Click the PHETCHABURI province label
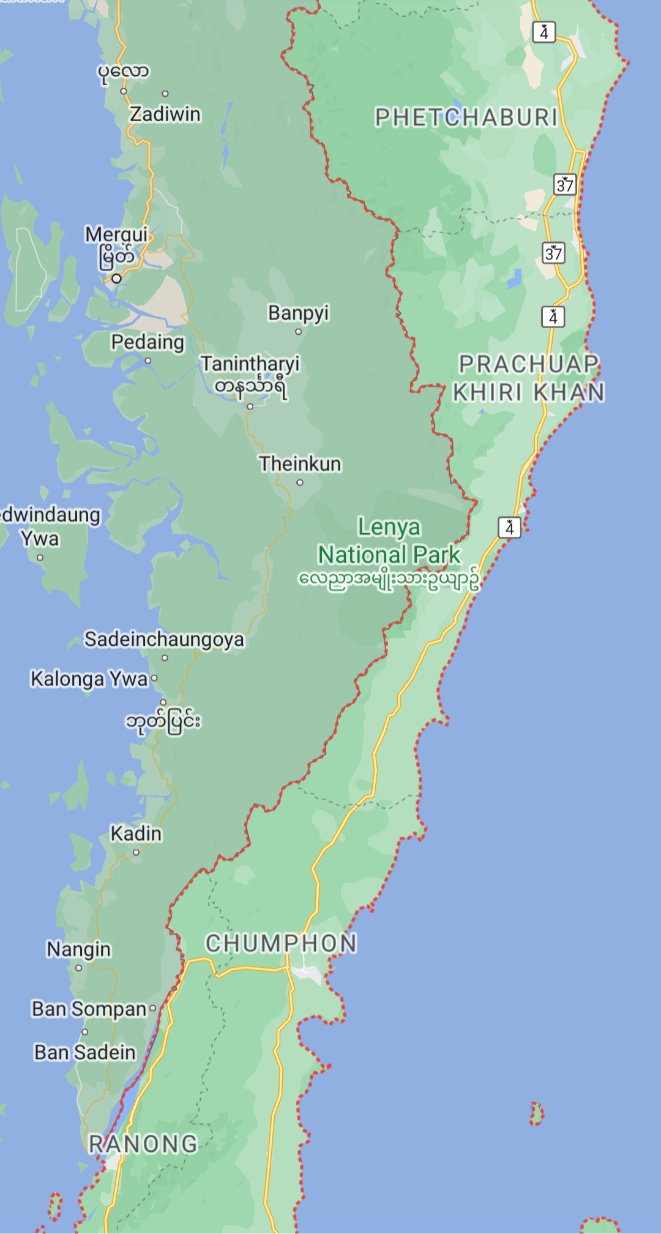[466, 118]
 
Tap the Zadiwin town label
[165, 114]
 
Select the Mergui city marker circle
[116, 279]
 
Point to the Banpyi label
[298, 313]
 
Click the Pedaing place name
[148, 342]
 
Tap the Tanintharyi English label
[250, 364]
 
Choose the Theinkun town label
[300, 464]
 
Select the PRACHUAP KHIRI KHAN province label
[529, 378]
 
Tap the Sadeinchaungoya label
[164, 640]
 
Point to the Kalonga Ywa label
[89, 679]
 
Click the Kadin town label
[136, 834]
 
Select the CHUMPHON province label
[281, 943]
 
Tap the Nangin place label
[79, 949]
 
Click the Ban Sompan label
[89, 1009]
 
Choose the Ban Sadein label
[85, 1052]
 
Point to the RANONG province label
[143, 1144]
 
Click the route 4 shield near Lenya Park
[509, 528]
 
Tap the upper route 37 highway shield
[565, 184]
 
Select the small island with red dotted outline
[537, 1113]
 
